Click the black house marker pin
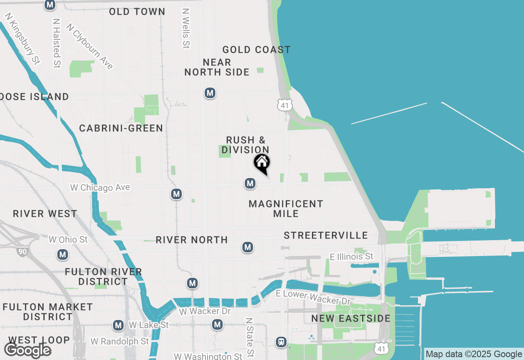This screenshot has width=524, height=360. point(262,163)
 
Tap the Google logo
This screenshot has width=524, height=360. point(28,351)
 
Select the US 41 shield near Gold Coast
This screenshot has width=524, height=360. point(285,105)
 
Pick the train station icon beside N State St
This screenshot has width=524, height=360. point(281,342)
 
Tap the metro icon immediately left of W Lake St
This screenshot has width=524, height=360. point(118,325)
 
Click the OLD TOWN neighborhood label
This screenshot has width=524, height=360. point(137,12)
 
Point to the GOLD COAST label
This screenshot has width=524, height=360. point(256,50)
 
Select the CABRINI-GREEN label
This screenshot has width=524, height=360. point(121,128)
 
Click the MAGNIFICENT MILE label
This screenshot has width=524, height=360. point(286,209)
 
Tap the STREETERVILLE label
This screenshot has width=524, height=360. point(326,235)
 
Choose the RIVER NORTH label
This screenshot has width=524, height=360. point(192,240)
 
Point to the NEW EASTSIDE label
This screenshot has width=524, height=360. point(351,319)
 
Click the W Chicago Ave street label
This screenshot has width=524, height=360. point(100,188)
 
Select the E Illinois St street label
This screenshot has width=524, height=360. point(352,256)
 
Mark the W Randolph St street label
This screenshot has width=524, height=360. point(120,341)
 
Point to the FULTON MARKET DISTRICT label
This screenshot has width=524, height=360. point(47,312)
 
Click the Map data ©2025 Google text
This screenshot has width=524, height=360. point(474,354)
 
